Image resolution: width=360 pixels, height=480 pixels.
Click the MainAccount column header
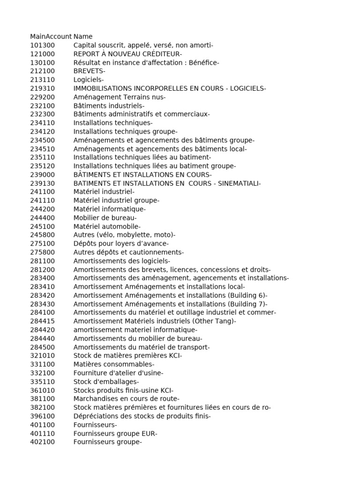[x=51, y=37]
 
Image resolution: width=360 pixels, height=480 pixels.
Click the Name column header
[x=83, y=37]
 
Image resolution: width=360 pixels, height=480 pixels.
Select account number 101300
[x=42, y=45]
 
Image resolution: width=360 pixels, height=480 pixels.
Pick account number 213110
[x=42, y=80]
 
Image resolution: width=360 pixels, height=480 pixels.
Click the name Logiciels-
[x=89, y=80]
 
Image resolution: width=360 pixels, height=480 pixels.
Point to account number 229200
[x=42, y=97]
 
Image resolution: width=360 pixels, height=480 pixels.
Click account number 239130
[x=42, y=183]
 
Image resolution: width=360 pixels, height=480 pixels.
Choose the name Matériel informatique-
[x=110, y=209]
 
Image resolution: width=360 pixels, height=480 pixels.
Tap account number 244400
[x=42, y=218]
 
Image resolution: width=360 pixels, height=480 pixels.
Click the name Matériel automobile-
[x=107, y=226]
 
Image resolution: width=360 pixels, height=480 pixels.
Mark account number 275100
[x=42, y=244]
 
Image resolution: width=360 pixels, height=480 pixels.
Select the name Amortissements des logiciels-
[x=122, y=261]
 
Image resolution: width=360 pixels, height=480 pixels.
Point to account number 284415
[x=42, y=321]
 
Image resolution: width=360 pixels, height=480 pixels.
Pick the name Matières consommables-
[x=114, y=364]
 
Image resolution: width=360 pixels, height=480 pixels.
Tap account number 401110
[x=42, y=433]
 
